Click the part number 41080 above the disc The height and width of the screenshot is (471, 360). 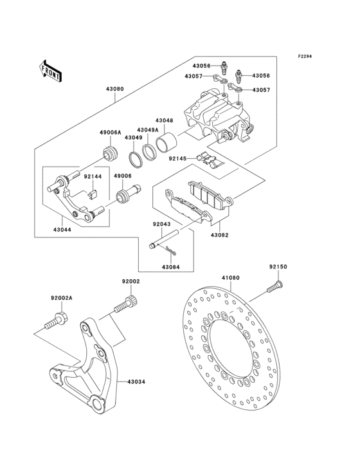coord(231,279)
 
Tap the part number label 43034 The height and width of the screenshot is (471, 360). coord(136,382)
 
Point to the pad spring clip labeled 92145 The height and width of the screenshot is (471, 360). coord(207,159)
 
